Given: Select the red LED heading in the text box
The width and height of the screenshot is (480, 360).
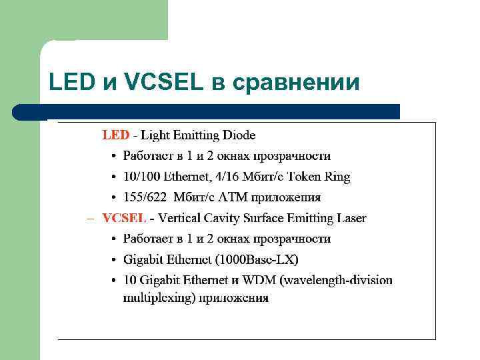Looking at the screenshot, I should point(115,135).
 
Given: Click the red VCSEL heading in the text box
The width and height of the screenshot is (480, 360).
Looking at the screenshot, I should point(124,218).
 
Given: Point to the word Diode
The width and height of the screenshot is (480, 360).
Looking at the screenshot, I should point(239,135).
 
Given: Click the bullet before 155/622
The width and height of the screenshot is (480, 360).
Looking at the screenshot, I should point(114,198).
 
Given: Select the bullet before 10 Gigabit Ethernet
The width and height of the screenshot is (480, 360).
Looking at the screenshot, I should point(114,281).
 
